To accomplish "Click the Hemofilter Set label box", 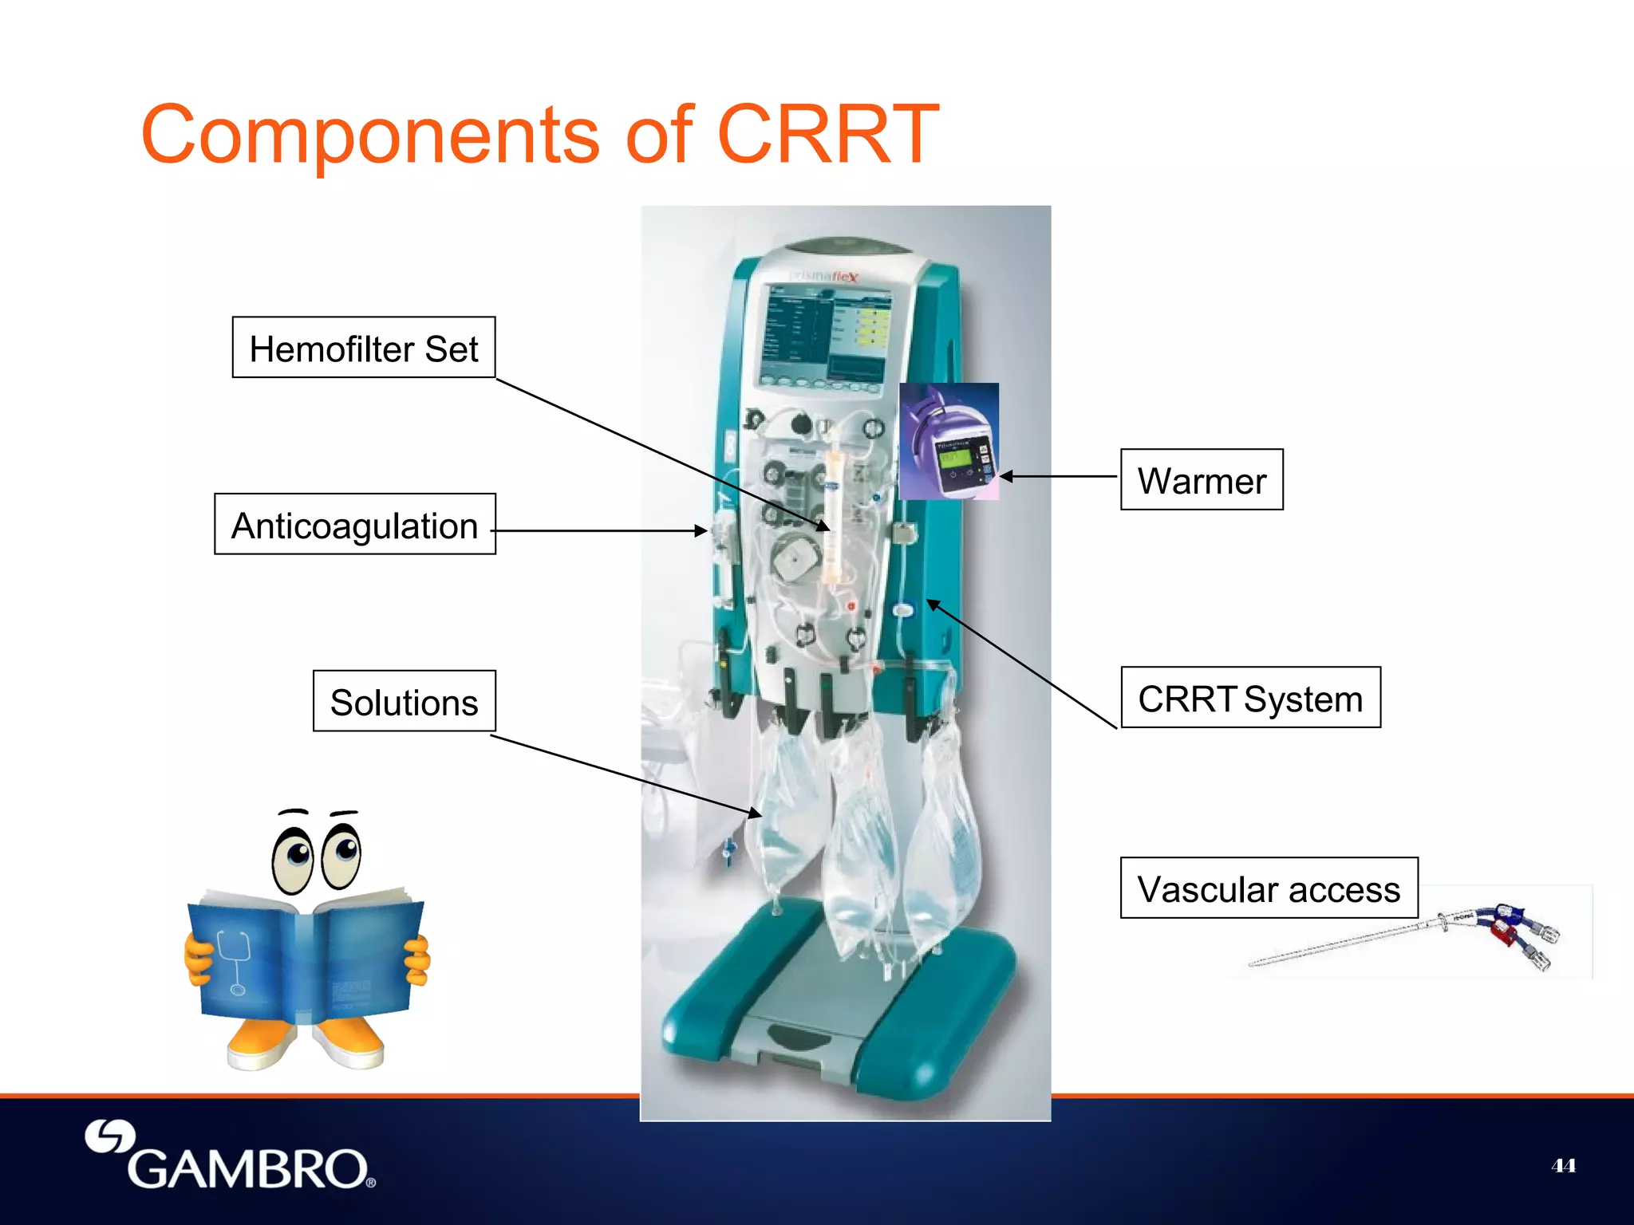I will (x=363, y=348).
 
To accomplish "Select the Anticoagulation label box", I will (x=354, y=525).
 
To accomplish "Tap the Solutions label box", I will (x=404, y=702).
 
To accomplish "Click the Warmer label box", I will (x=1201, y=480).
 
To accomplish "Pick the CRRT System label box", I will (x=1249, y=698).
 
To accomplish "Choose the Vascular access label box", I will (x=1268, y=888).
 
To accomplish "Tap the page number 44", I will (x=1562, y=1166).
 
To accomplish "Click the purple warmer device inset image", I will (x=949, y=441).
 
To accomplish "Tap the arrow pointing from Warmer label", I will (x=1057, y=476).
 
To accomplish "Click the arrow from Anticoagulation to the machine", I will (x=598, y=530).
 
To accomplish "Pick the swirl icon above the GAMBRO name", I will (x=109, y=1136).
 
